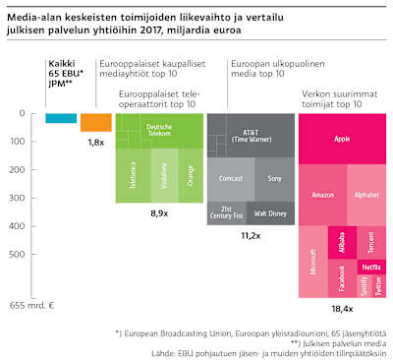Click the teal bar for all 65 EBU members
tap(61, 118)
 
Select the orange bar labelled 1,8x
tap(95, 122)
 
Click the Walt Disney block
tap(270, 211)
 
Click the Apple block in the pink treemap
tap(341, 139)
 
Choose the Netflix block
tap(371, 267)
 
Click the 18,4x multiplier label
tap(341, 309)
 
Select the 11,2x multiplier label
tap(251, 236)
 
